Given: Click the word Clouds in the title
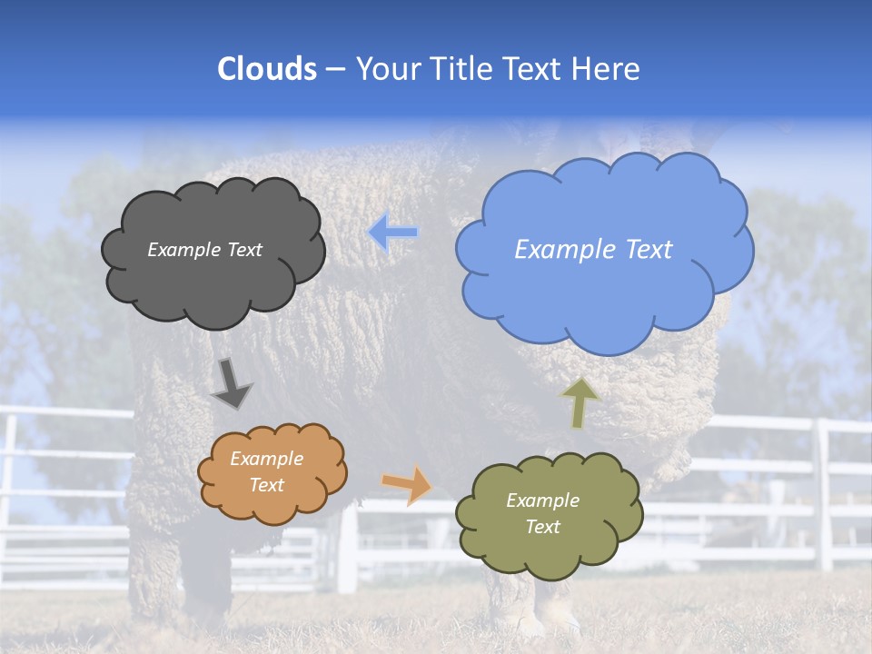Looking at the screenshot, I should tap(267, 69).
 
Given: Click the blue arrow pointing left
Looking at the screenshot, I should tap(393, 233).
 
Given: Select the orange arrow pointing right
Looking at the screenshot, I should tap(408, 484).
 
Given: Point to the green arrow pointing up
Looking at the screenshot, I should tap(580, 402).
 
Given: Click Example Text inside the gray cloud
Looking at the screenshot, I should tap(204, 250).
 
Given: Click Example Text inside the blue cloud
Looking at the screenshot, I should tap(593, 250).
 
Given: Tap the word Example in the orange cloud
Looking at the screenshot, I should tap(266, 459).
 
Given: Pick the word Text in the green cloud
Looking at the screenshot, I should tap(542, 527).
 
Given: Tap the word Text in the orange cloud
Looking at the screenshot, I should tap(266, 485).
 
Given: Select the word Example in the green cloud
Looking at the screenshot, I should tap(542, 500).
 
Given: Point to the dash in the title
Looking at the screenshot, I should tap(335, 69).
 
